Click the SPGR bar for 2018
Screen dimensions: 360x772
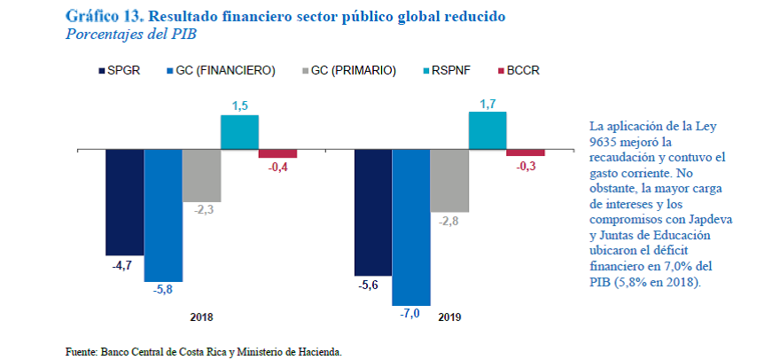pos(124,202)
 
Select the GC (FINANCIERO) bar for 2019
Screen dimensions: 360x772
pos(410,227)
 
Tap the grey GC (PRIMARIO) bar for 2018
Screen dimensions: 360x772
pos(201,175)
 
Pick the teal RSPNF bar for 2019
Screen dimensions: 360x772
pos(487,129)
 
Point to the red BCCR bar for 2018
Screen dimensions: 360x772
pos(277,153)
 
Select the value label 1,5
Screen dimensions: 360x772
pos(239,106)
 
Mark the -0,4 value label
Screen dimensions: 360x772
pos(277,168)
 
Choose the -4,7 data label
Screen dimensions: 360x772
pos(124,265)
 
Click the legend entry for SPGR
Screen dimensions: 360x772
pos(117,70)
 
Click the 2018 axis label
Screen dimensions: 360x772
pos(202,317)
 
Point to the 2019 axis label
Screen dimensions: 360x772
pos(449,317)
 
